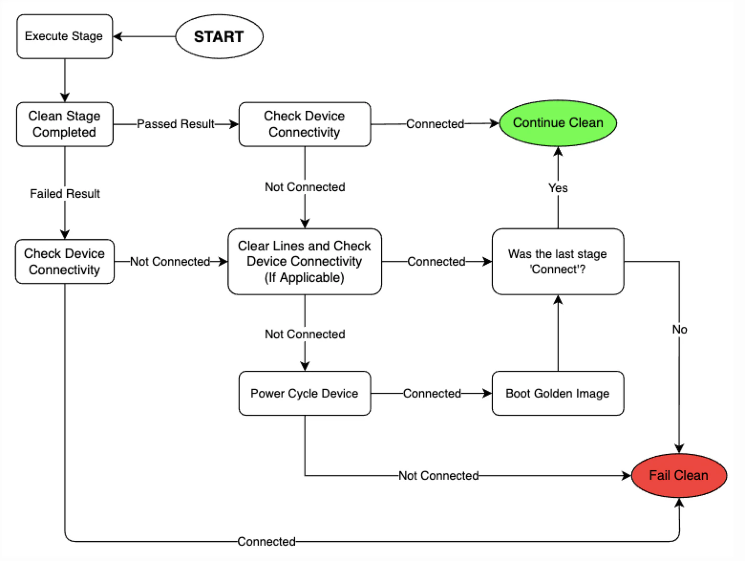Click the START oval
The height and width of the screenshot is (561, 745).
pyautogui.click(x=219, y=36)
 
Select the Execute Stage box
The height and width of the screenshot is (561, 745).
pyautogui.click(x=64, y=36)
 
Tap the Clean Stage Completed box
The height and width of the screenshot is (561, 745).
pyautogui.click(x=64, y=124)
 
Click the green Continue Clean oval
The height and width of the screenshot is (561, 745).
pyautogui.click(x=558, y=123)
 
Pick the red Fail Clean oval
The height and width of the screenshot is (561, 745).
pyautogui.click(x=679, y=475)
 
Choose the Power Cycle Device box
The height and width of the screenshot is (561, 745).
pyautogui.click(x=305, y=393)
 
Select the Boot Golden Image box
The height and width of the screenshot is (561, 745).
pyautogui.click(x=558, y=393)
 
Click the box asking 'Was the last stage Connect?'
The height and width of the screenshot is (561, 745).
pyautogui.click(x=558, y=261)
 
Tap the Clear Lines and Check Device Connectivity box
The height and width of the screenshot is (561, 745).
pyautogui.click(x=305, y=261)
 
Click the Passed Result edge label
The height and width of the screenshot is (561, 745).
pyautogui.click(x=175, y=124)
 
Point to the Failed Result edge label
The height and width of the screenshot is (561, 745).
pyautogui.click(x=65, y=194)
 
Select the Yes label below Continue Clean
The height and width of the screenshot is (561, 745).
pyautogui.click(x=558, y=188)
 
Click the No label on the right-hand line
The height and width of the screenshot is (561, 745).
pyautogui.click(x=680, y=329)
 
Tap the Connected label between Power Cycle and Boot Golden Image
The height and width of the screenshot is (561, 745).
pyautogui.click(x=432, y=393)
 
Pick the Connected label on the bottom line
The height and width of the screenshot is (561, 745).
pyautogui.click(x=266, y=541)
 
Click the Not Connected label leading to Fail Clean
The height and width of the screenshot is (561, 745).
pyautogui.click(x=438, y=475)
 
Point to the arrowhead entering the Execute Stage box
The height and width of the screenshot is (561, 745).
pyautogui.click(x=117, y=36)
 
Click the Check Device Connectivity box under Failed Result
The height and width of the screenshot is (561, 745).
pyautogui.click(x=64, y=261)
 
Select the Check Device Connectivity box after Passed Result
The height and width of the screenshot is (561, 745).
pyautogui.click(x=305, y=124)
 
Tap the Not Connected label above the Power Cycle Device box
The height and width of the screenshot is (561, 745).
pyautogui.click(x=305, y=334)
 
